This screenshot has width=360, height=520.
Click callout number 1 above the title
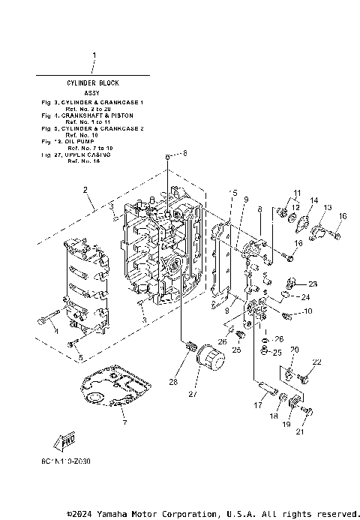pos(94,56)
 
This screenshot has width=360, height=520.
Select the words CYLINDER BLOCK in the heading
pos(94,82)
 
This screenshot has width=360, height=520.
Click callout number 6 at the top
pos(186,153)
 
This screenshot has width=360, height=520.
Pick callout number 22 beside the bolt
pos(316,362)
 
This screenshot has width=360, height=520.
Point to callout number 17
pos(257,404)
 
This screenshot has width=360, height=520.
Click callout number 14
pos(314,200)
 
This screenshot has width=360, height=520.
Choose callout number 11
pos(296,193)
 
